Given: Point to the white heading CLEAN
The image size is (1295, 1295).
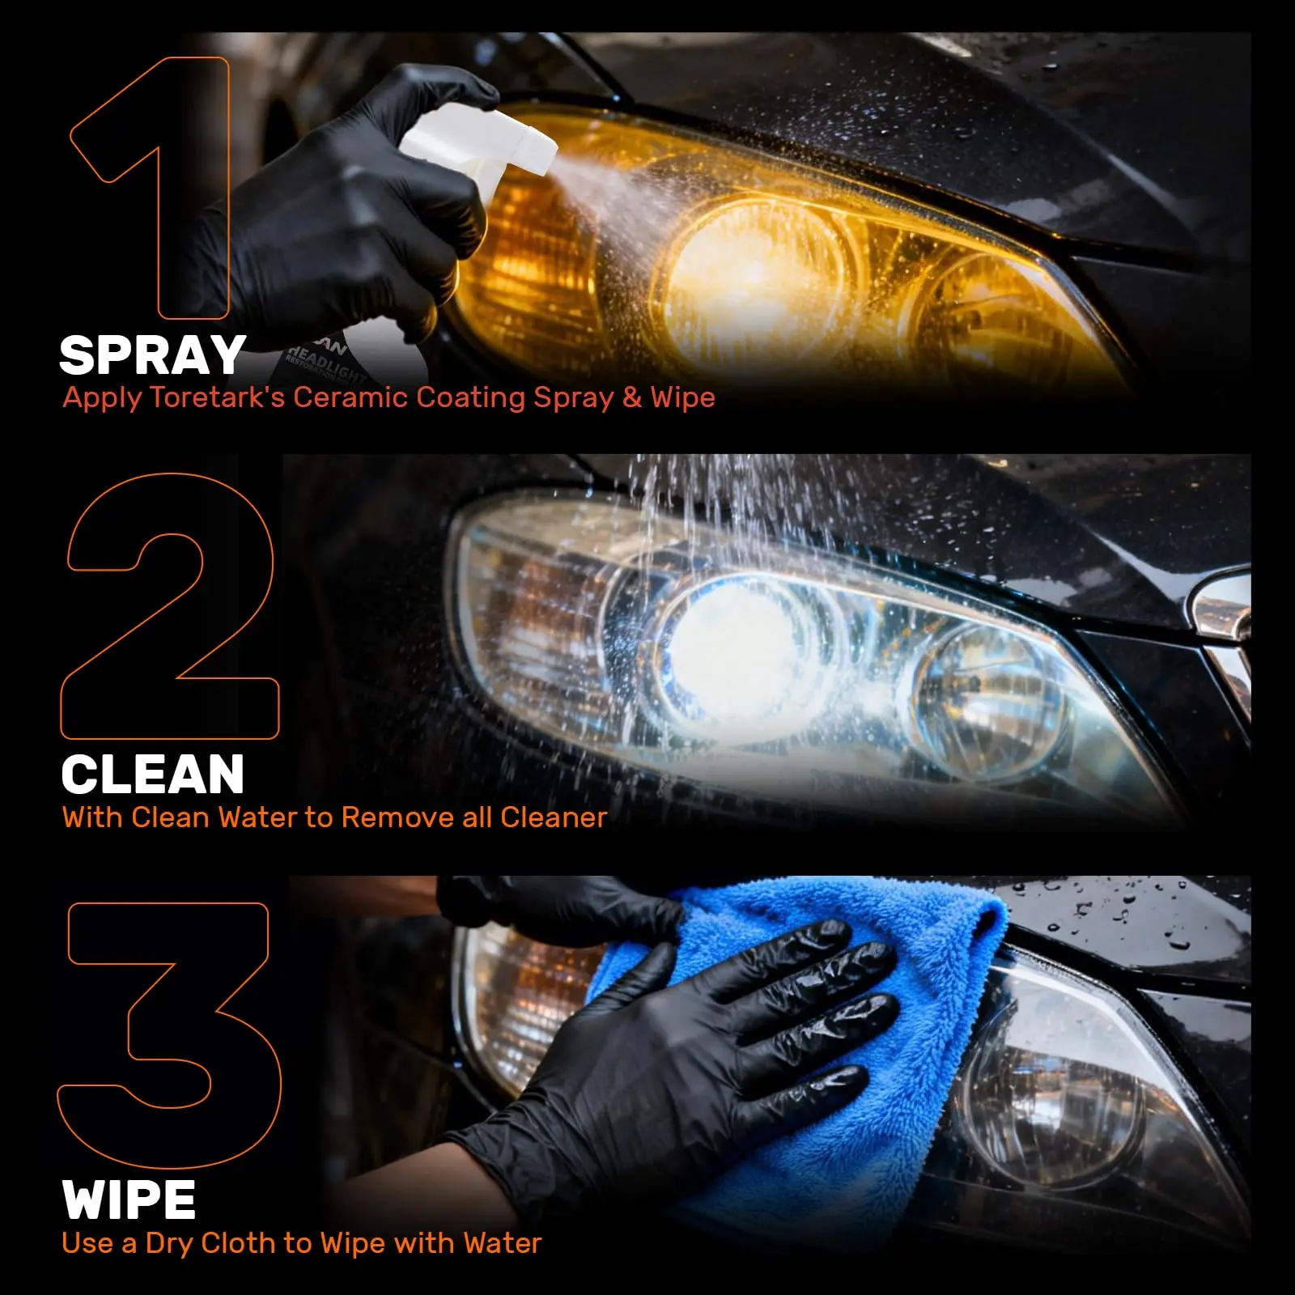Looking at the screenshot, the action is coord(153,775).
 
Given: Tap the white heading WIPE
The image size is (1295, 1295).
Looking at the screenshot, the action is coord(129,1199).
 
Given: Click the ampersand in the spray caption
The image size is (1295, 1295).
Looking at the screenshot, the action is coord(632,397).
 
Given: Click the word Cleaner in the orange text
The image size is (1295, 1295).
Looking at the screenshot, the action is coord(554,817).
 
